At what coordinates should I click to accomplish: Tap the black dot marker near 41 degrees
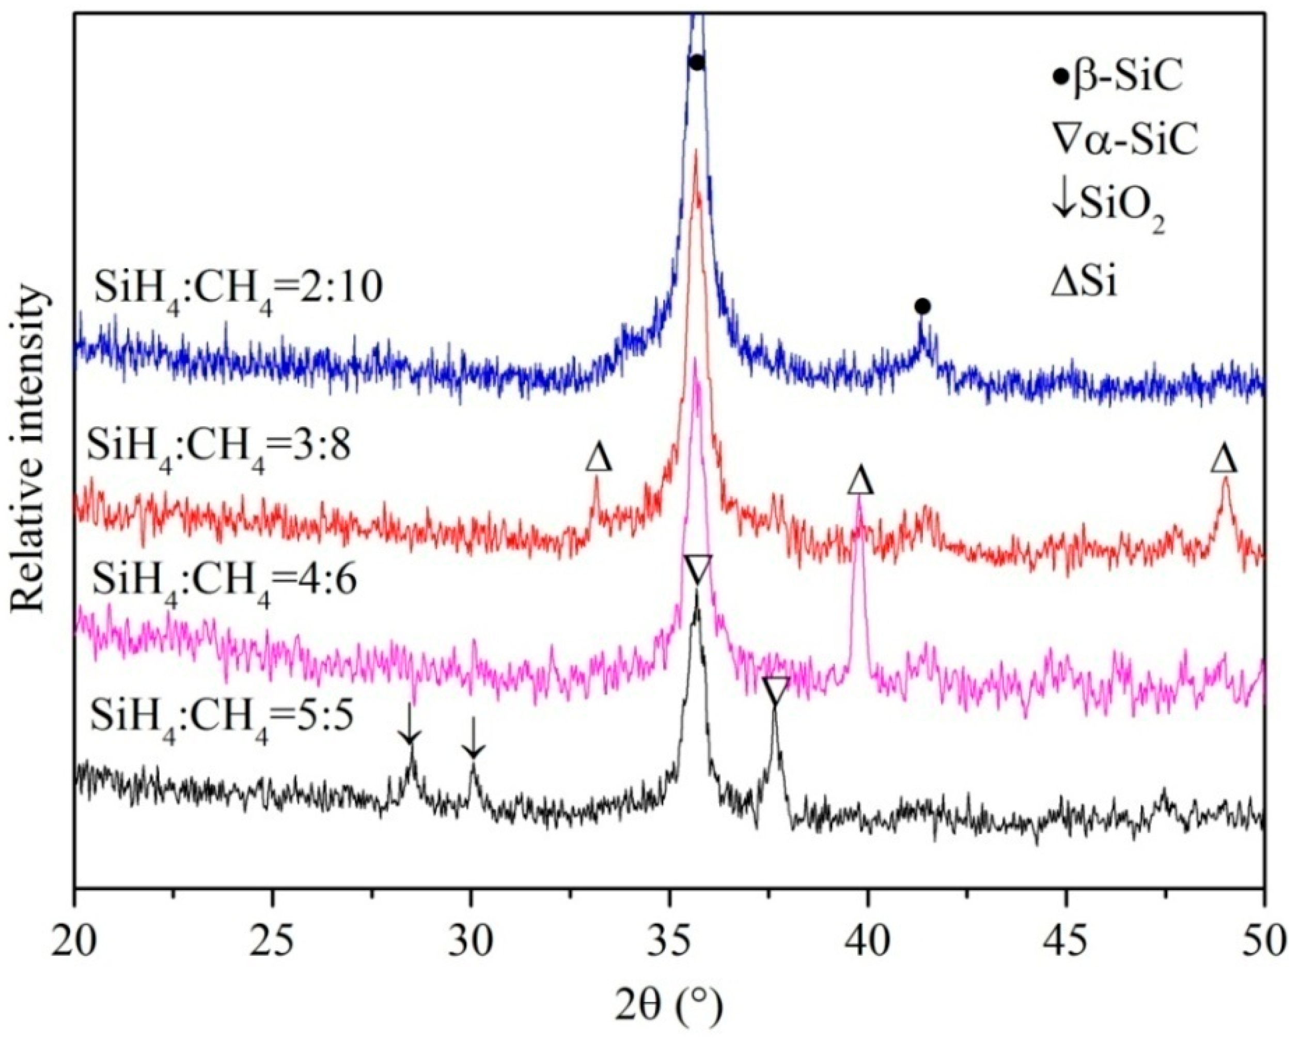pyautogui.click(x=922, y=307)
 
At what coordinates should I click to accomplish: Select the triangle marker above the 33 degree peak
pyautogui.click(x=599, y=457)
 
